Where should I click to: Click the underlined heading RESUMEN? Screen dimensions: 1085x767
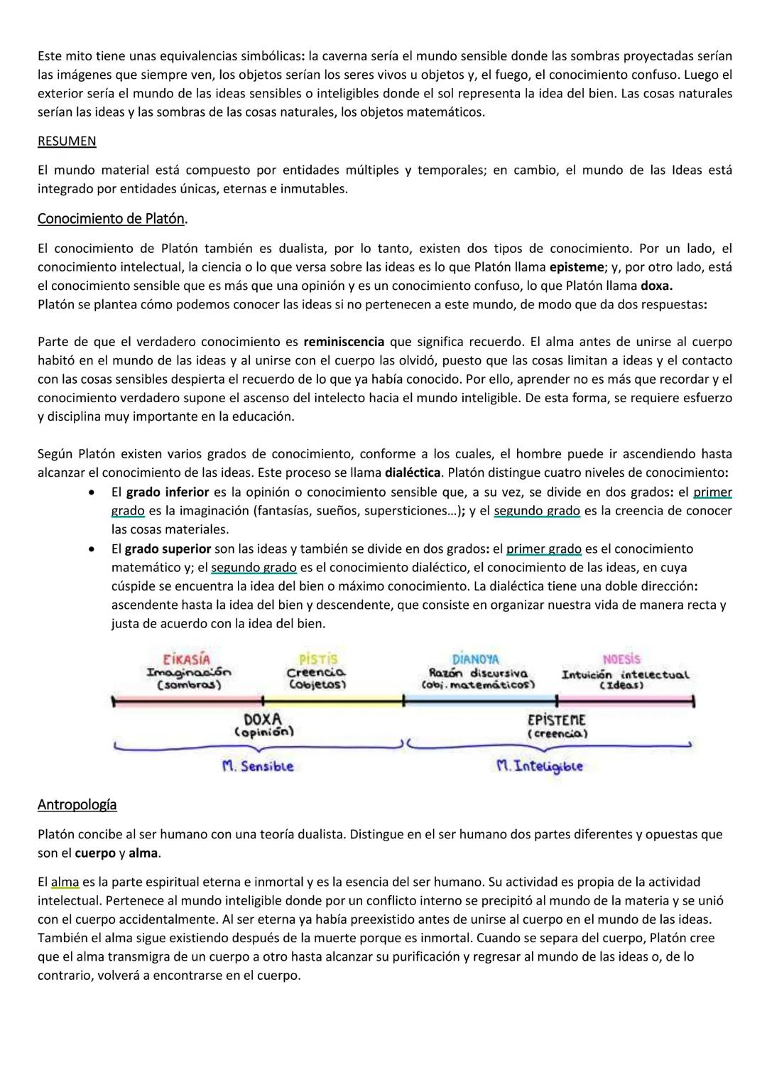click(66, 141)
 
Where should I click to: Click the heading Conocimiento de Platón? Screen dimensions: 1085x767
click(112, 218)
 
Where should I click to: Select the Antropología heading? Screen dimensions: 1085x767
click(77, 804)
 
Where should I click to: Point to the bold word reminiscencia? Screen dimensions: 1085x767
click(344, 342)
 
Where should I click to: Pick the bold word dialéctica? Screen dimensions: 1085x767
click(413, 473)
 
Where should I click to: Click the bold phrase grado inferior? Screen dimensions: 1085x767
click(167, 492)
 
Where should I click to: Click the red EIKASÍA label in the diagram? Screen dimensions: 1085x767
click(187, 659)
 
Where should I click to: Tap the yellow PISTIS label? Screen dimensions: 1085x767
click(317, 659)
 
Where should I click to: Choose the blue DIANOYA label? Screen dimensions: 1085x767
click(475, 659)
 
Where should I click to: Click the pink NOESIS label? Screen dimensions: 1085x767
click(621, 659)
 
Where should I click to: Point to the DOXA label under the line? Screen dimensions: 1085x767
click(262, 719)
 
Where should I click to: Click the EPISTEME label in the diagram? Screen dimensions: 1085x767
click(556, 720)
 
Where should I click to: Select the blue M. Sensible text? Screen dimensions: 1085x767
click(257, 766)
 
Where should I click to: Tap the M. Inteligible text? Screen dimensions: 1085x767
click(540, 766)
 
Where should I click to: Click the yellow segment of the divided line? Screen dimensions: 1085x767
click(332, 701)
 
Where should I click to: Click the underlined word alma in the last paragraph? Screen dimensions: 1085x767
click(65, 882)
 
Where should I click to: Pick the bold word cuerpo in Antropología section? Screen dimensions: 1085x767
click(95, 853)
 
